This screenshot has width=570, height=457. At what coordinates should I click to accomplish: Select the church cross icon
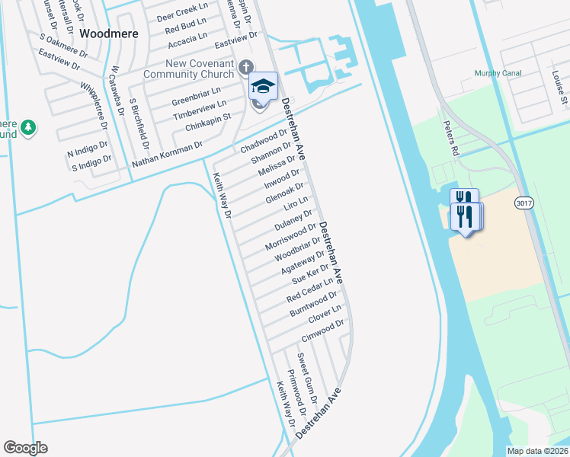tap(245, 67)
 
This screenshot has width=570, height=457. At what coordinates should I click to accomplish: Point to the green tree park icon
tap(28, 127)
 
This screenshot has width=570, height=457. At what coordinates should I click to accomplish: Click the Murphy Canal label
tap(498, 73)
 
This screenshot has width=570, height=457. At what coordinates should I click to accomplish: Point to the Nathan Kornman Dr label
tap(167, 154)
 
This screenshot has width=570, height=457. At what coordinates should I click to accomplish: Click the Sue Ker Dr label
tap(310, 275)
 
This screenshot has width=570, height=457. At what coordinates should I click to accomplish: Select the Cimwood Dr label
tap(323, 330)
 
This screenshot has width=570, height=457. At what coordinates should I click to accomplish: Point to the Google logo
tap(25, 448)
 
